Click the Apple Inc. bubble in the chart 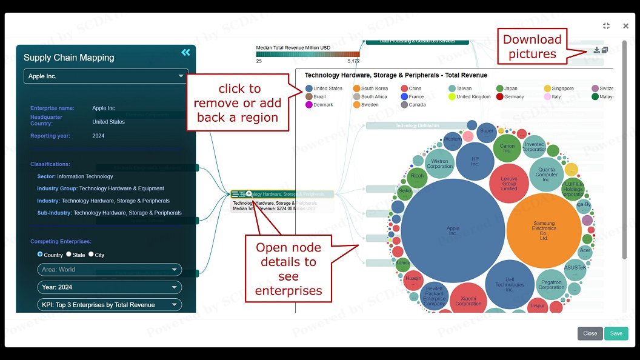tap(453, 230)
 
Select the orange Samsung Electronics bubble tap(544, 230)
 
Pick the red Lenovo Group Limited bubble tap(509, 183)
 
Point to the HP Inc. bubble tap(475, 161)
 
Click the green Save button tap(616, 333)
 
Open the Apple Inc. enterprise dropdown tap(106, 76)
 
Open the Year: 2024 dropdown tap(109, 287)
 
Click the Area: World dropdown tap(109, 270)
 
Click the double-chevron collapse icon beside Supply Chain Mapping tap(185, 53)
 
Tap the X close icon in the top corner tap(625, 26)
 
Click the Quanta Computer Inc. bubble tap(546, 175)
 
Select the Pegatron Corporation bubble tap(551, 284)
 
